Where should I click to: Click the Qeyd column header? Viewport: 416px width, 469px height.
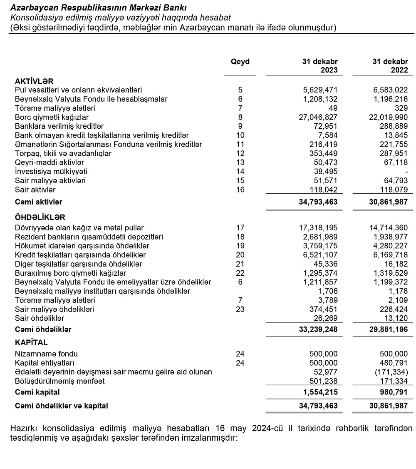[x=240, y=62]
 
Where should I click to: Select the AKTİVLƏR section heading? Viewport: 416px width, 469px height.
[x=34, y=81]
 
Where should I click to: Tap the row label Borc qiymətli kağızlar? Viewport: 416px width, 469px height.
[x=52, y=117]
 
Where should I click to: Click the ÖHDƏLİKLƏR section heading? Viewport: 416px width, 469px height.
[x=40, y=218]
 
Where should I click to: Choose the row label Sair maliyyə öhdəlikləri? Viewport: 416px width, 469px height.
[x=54, y=309]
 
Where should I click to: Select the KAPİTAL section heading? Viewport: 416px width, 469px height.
[x=31, y=343]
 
